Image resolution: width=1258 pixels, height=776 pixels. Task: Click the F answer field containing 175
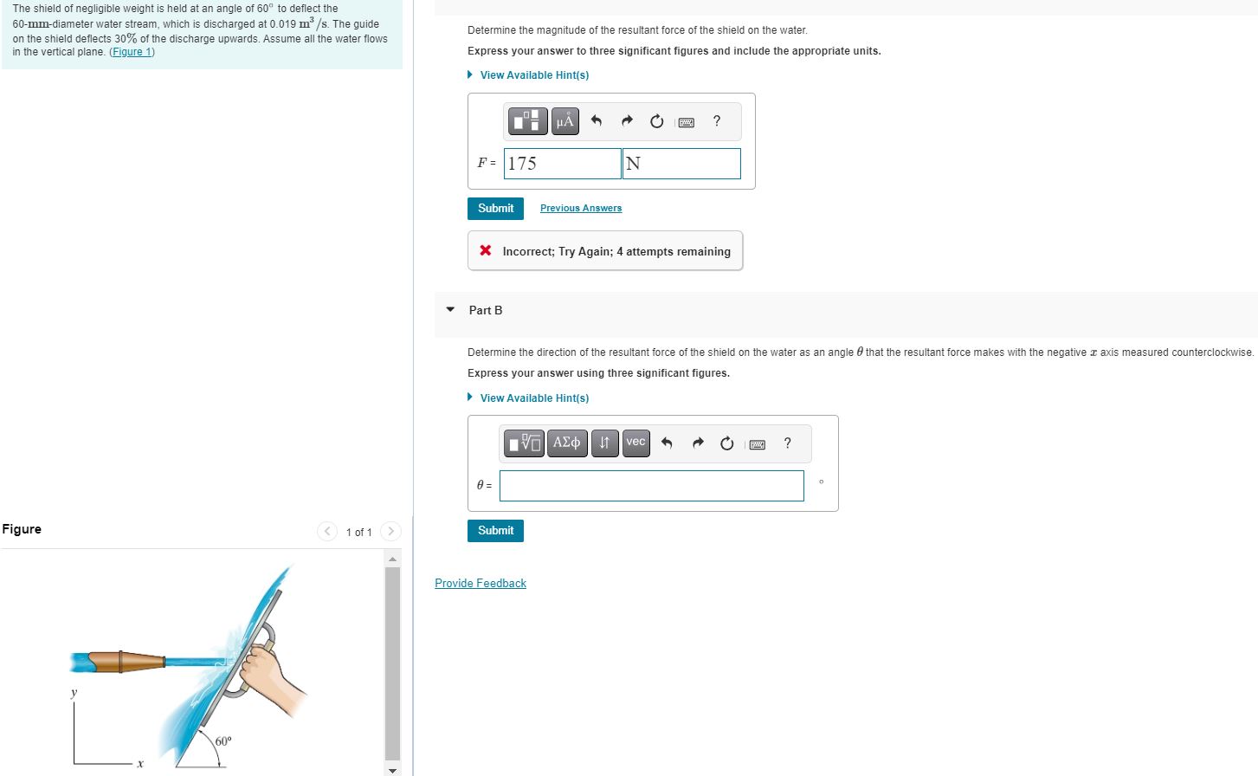[562, 164]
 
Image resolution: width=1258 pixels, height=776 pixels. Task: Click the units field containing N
[681, 164]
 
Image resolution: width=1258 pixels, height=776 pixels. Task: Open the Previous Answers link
[580, 208]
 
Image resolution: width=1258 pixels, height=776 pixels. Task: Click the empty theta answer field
[651, 486]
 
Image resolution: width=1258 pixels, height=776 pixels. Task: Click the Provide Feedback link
[480, 584]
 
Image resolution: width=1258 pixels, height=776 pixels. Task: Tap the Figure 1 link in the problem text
[132, 52]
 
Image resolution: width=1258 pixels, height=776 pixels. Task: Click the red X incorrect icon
[486, 250]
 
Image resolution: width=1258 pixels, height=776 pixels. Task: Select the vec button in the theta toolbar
[635, 443]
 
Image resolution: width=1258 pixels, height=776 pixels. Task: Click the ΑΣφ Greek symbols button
[566, 443]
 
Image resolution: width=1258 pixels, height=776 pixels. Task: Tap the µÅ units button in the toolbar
[564, 121]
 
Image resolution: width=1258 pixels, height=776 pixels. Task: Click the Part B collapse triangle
[450, 309]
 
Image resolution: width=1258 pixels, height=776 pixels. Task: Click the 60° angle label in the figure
[223, 741]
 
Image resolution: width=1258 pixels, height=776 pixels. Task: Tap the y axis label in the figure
[74, 693]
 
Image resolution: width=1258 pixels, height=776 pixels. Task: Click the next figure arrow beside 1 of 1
[390, 531]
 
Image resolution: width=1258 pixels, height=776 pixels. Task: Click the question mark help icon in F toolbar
[716, 121]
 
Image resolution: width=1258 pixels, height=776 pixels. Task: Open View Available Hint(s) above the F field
[533, 75]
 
